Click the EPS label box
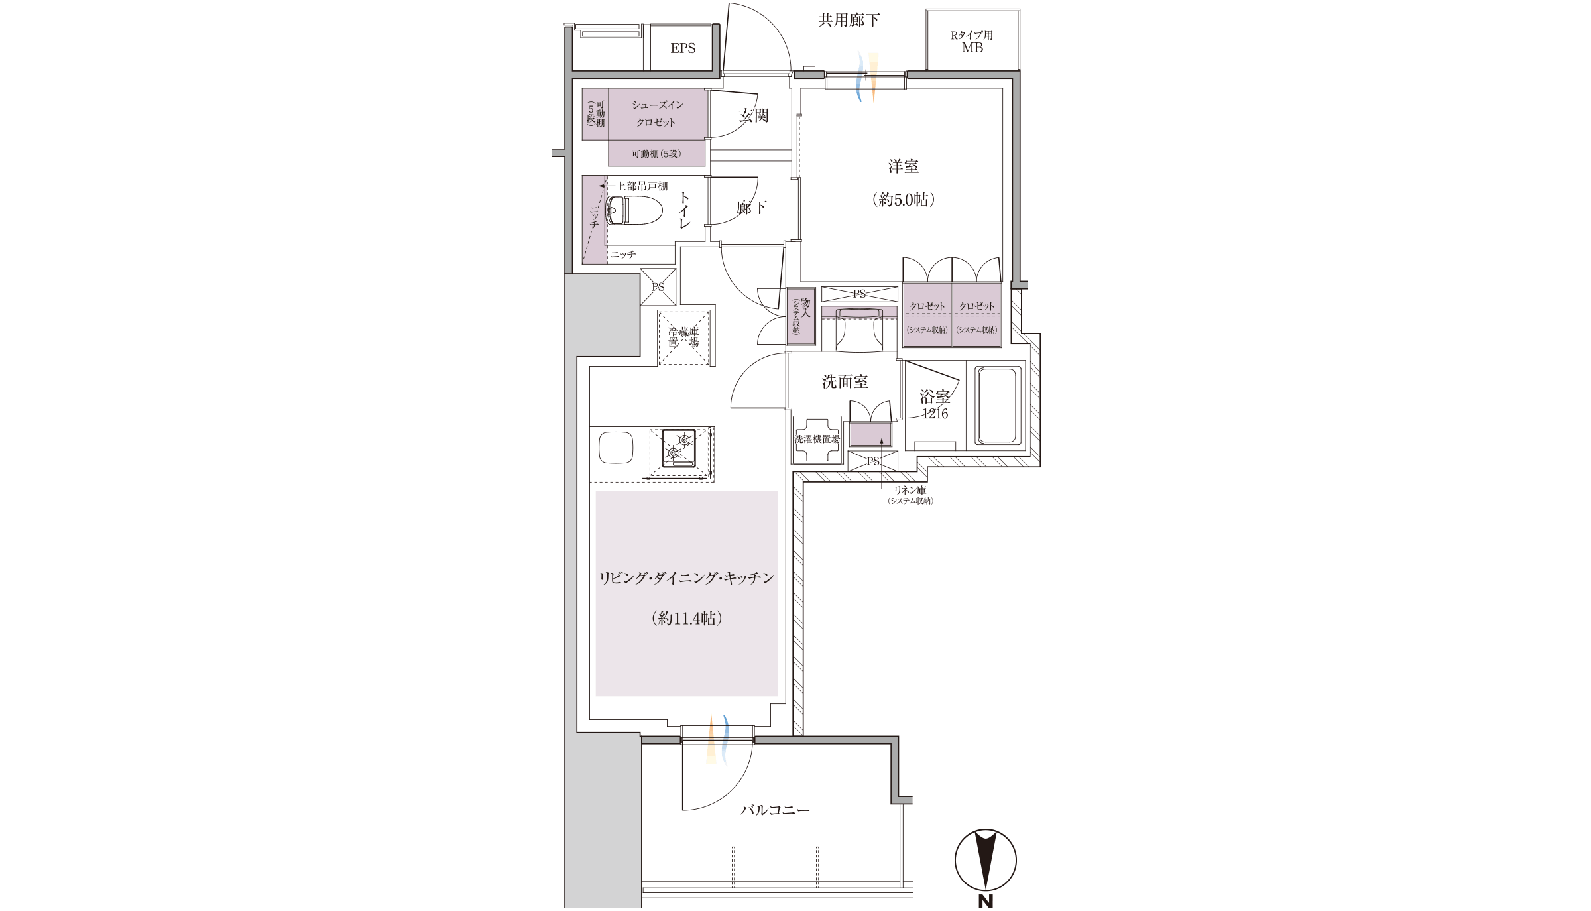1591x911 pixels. pos(682,47)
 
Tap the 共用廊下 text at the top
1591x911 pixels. pos(849,21)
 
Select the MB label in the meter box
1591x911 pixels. pos(972,48)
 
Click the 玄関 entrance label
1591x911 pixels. pos(754,115)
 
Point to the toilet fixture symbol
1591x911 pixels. pos(634,211)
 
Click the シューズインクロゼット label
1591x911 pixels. pos(657,113)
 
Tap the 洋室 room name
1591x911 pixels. pos(904,166)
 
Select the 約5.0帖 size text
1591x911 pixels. pos(904,200)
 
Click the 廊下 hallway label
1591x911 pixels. pos(752,208)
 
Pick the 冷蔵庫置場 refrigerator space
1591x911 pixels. pos(683,337)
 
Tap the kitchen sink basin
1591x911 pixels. pos(616,448)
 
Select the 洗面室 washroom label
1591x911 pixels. pos(845,381)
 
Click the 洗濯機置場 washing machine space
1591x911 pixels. pos(817,439)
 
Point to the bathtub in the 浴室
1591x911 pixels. pos(997,406)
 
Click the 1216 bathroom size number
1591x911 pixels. pos(935,414)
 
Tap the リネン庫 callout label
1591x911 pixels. pos(910,490)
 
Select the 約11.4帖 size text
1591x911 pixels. pos(686,618)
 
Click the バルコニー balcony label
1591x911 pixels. pos(775,810)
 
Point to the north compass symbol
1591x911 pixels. pos(985,860)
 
